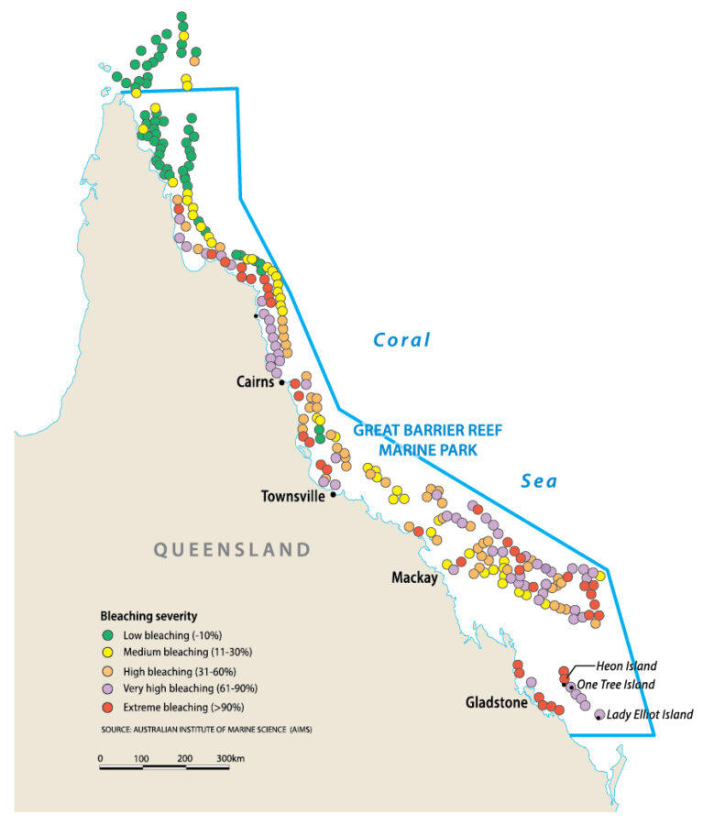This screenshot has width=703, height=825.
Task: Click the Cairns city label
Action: click(x=254, y=382)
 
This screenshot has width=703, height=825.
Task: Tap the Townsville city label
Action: click(x=292, y=496)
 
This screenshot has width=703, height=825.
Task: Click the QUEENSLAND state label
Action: click(x=231, y=550)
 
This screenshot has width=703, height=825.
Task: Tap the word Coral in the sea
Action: click(x=401, y=340)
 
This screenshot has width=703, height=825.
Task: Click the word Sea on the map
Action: click(x=539, y=480)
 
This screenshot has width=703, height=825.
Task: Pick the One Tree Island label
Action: click(x=618, y=685)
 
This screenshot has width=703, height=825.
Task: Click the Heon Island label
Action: click(x=626, y=666)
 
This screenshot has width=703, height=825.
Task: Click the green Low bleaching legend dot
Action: click(x=106, y=634)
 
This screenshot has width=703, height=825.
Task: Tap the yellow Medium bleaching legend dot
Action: click(x=106, y=652)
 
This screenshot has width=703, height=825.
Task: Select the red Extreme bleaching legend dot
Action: click(x=106, y=707)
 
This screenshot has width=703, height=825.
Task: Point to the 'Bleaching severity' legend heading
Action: click(x=148, y=615)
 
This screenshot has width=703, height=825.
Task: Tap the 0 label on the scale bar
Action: click(x=100, y=758)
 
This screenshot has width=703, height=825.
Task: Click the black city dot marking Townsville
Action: click(x=333, y=495)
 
